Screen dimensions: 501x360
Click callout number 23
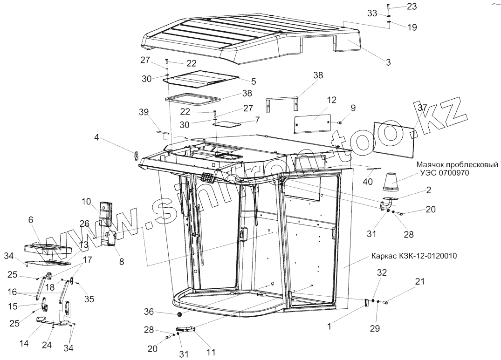(x=412, y=7)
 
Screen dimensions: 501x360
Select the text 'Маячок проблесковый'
(x=457, y=165)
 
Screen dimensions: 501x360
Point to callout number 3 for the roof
(x=388, y=61)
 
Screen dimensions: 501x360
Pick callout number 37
(x=422, y=108)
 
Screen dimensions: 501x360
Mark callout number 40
(x=368, y=182)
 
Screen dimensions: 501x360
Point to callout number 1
(x=329, y=327)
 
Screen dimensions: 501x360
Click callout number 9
(x=353, y=108)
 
